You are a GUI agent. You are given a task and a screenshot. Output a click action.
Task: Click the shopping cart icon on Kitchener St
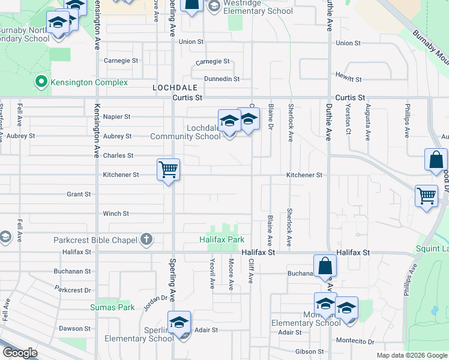point(169,170)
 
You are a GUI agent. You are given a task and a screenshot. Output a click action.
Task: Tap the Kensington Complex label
point(89,82)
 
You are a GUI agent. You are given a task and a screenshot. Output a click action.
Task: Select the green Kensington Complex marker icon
point(41,82)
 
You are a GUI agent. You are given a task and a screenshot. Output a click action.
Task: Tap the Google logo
point(19,353)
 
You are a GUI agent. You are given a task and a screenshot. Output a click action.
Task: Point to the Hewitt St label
point(349,79)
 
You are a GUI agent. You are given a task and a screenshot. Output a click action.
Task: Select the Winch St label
point(116,214)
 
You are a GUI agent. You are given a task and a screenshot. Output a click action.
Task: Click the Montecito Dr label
point(354,341)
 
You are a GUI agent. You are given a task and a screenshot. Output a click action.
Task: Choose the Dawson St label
point(74,328)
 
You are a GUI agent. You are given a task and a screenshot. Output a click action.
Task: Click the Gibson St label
point(309,352)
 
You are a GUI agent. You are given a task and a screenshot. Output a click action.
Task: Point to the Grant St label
point(79,194)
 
